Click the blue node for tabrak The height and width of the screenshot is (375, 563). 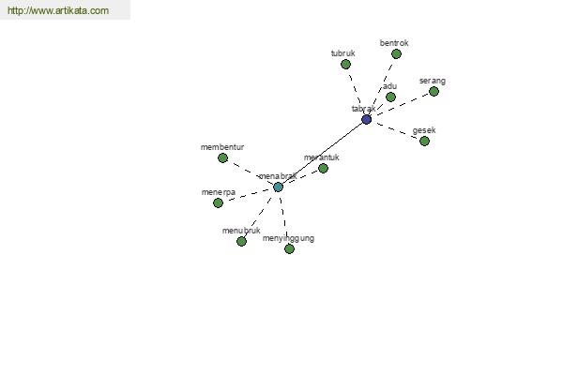point(366,119)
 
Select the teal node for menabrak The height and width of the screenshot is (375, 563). point(278,187)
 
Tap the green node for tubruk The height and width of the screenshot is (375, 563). point(345,65)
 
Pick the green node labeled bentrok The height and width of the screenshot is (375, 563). point(396,53)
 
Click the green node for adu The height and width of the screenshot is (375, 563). point(390,97)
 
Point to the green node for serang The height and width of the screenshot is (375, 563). point(434,92)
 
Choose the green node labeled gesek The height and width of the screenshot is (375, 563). point(424,141)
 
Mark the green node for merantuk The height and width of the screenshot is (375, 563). point(323,168)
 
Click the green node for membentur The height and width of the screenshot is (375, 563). point(222,157)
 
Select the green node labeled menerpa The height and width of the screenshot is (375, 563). point(218,203)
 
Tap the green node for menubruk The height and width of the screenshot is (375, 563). point(241,241)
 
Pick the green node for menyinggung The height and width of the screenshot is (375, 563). point(289,248)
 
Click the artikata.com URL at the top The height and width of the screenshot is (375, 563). point(58,10)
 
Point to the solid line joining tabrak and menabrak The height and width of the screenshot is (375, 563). point(322,153)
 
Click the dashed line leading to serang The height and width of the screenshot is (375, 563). point(403,104)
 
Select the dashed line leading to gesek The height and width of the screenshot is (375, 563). point(397,130)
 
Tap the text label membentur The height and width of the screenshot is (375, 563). point(222,147)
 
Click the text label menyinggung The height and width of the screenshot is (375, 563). point(288,239)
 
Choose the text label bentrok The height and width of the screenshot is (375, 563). point(394,43)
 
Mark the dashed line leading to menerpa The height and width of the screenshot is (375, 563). point(248,195)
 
